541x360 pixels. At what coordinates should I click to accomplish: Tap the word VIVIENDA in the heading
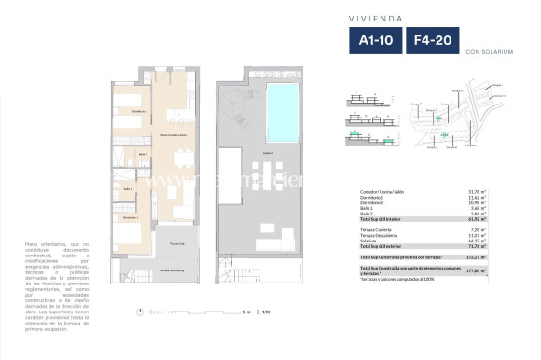pos(402,17)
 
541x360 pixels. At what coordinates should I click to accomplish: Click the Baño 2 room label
pos(144,155)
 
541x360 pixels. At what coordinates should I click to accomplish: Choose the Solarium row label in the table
pos(369,241)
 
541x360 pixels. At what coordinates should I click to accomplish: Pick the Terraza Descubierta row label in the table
pos(380,235)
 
